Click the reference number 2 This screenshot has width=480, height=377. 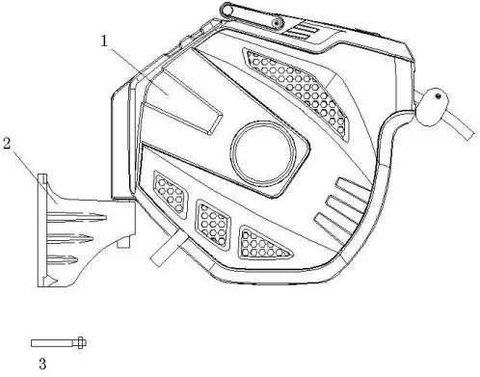[8, 145]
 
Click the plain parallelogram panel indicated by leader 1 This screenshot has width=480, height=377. [187, 101]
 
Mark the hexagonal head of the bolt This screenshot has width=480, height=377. [80, 342]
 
